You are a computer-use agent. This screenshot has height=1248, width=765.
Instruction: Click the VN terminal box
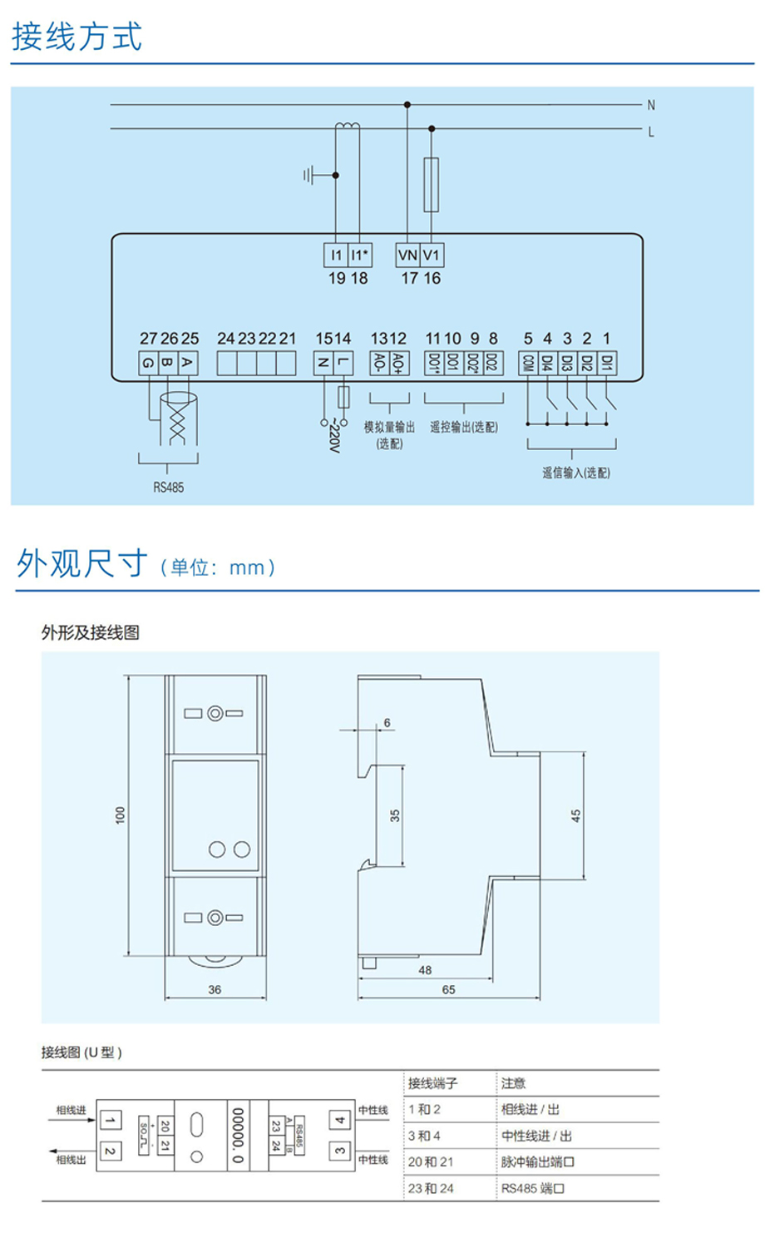407,255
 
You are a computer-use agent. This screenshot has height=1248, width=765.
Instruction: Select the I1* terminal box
359,255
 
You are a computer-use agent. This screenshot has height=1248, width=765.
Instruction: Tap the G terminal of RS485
148,363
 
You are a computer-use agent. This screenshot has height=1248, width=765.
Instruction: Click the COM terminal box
528,363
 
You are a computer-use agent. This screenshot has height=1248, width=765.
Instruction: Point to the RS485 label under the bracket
168,488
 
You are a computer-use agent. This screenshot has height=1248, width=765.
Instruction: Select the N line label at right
651,106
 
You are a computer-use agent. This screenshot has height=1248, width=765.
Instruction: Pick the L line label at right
651,132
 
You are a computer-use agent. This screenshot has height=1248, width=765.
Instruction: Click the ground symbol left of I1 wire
311,176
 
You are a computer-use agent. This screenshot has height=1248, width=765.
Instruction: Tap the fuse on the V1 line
432,184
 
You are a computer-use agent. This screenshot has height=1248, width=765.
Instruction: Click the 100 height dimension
121,815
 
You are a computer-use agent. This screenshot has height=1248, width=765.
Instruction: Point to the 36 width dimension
215,990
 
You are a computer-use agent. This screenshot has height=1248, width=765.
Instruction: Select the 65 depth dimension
449,990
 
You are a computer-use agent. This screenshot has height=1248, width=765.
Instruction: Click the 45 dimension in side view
575,816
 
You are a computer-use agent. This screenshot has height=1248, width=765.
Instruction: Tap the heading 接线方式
76,37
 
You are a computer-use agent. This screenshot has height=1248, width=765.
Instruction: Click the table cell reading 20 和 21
431,1162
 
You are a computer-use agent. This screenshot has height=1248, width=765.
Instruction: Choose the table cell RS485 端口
533,1189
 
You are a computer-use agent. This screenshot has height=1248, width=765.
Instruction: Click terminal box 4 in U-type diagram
339,1121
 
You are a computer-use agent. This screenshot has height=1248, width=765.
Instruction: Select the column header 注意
513,1083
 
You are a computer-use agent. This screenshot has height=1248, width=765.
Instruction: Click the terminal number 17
409,279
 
